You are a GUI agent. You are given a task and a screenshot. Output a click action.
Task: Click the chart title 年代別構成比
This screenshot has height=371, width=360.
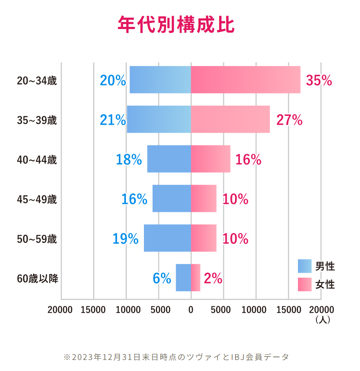[176, 25]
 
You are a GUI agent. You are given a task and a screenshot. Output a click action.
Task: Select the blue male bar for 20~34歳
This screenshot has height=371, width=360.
[160, 80]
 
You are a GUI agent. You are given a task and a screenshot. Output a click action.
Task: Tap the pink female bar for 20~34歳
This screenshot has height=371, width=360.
[246, 80]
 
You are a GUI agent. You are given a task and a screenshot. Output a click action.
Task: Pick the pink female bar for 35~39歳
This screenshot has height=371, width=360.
[230, 119]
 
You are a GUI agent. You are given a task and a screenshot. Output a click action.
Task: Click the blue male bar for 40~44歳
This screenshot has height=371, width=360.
[169, 159]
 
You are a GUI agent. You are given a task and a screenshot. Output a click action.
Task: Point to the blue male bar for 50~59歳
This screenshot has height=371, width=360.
[167, 238]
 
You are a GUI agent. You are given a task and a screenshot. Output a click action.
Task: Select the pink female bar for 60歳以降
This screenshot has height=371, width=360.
[195, 278]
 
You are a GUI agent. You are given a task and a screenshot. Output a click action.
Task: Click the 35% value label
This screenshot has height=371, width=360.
[319, 80]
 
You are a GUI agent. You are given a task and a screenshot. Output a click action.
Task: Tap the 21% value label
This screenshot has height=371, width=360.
[113, 120]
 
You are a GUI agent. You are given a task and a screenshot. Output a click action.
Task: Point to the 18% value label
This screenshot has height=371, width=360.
[129, 160]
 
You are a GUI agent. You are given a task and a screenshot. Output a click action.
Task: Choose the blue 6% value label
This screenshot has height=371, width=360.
[162, 278]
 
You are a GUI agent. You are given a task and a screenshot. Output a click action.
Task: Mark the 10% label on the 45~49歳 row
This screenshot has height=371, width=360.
[235, 199]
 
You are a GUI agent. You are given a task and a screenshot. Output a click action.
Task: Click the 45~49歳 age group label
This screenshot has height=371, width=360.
[37, 200]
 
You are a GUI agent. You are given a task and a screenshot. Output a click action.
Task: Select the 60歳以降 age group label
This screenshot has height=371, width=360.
[37, 279]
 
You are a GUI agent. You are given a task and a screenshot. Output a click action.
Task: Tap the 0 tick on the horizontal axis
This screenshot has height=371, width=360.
[191, 310]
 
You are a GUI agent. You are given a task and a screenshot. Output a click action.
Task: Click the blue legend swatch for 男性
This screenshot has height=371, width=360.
[305, 266]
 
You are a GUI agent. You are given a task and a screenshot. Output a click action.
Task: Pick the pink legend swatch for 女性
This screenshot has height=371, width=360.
[305, 285]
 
